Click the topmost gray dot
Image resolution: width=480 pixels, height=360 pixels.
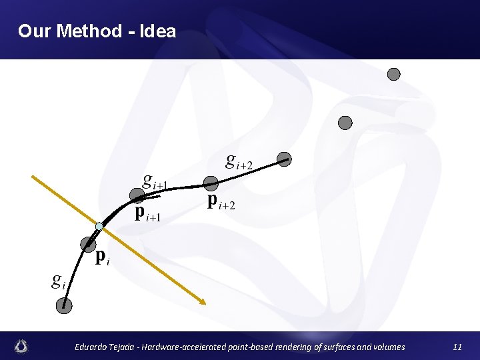click(x=394, y=74)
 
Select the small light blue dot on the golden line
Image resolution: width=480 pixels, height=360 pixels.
click(x=99, y=227)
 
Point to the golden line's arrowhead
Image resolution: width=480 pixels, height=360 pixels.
click(x=203, y=302)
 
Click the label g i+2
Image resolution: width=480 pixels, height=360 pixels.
click(x=239, y=161)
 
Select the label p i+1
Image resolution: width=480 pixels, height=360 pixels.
click(x=149, y=213)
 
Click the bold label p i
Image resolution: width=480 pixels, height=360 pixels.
click(x=102, y=257)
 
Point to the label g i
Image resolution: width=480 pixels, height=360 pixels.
click(x=59, y=281)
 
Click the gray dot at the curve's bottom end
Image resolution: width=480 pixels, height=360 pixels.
click(x=64, y=305)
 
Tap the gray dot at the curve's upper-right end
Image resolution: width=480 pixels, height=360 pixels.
click(x=285, y=159)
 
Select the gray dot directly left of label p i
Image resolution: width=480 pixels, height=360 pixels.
click(x=87, y=244)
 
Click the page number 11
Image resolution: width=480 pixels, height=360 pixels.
click(x=457, y=347)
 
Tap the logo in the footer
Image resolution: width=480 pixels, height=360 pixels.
click(x=23, y=346)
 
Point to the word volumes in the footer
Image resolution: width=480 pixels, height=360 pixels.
click(x=386, y=347)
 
